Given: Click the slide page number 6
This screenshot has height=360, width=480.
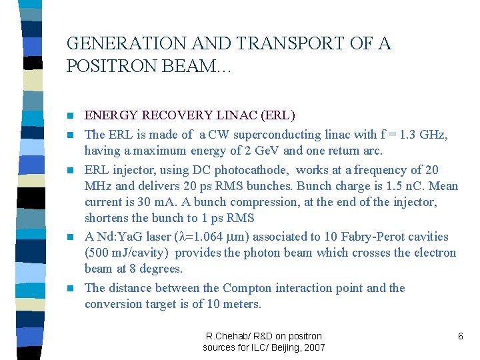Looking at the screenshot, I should click(x=460, y=337).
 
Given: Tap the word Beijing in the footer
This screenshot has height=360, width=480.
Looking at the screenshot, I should click(x=279, y=348).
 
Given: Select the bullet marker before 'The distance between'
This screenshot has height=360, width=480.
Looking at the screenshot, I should click(x=71, y=289).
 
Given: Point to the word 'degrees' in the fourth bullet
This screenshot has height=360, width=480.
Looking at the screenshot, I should click(x=160, y=269).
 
